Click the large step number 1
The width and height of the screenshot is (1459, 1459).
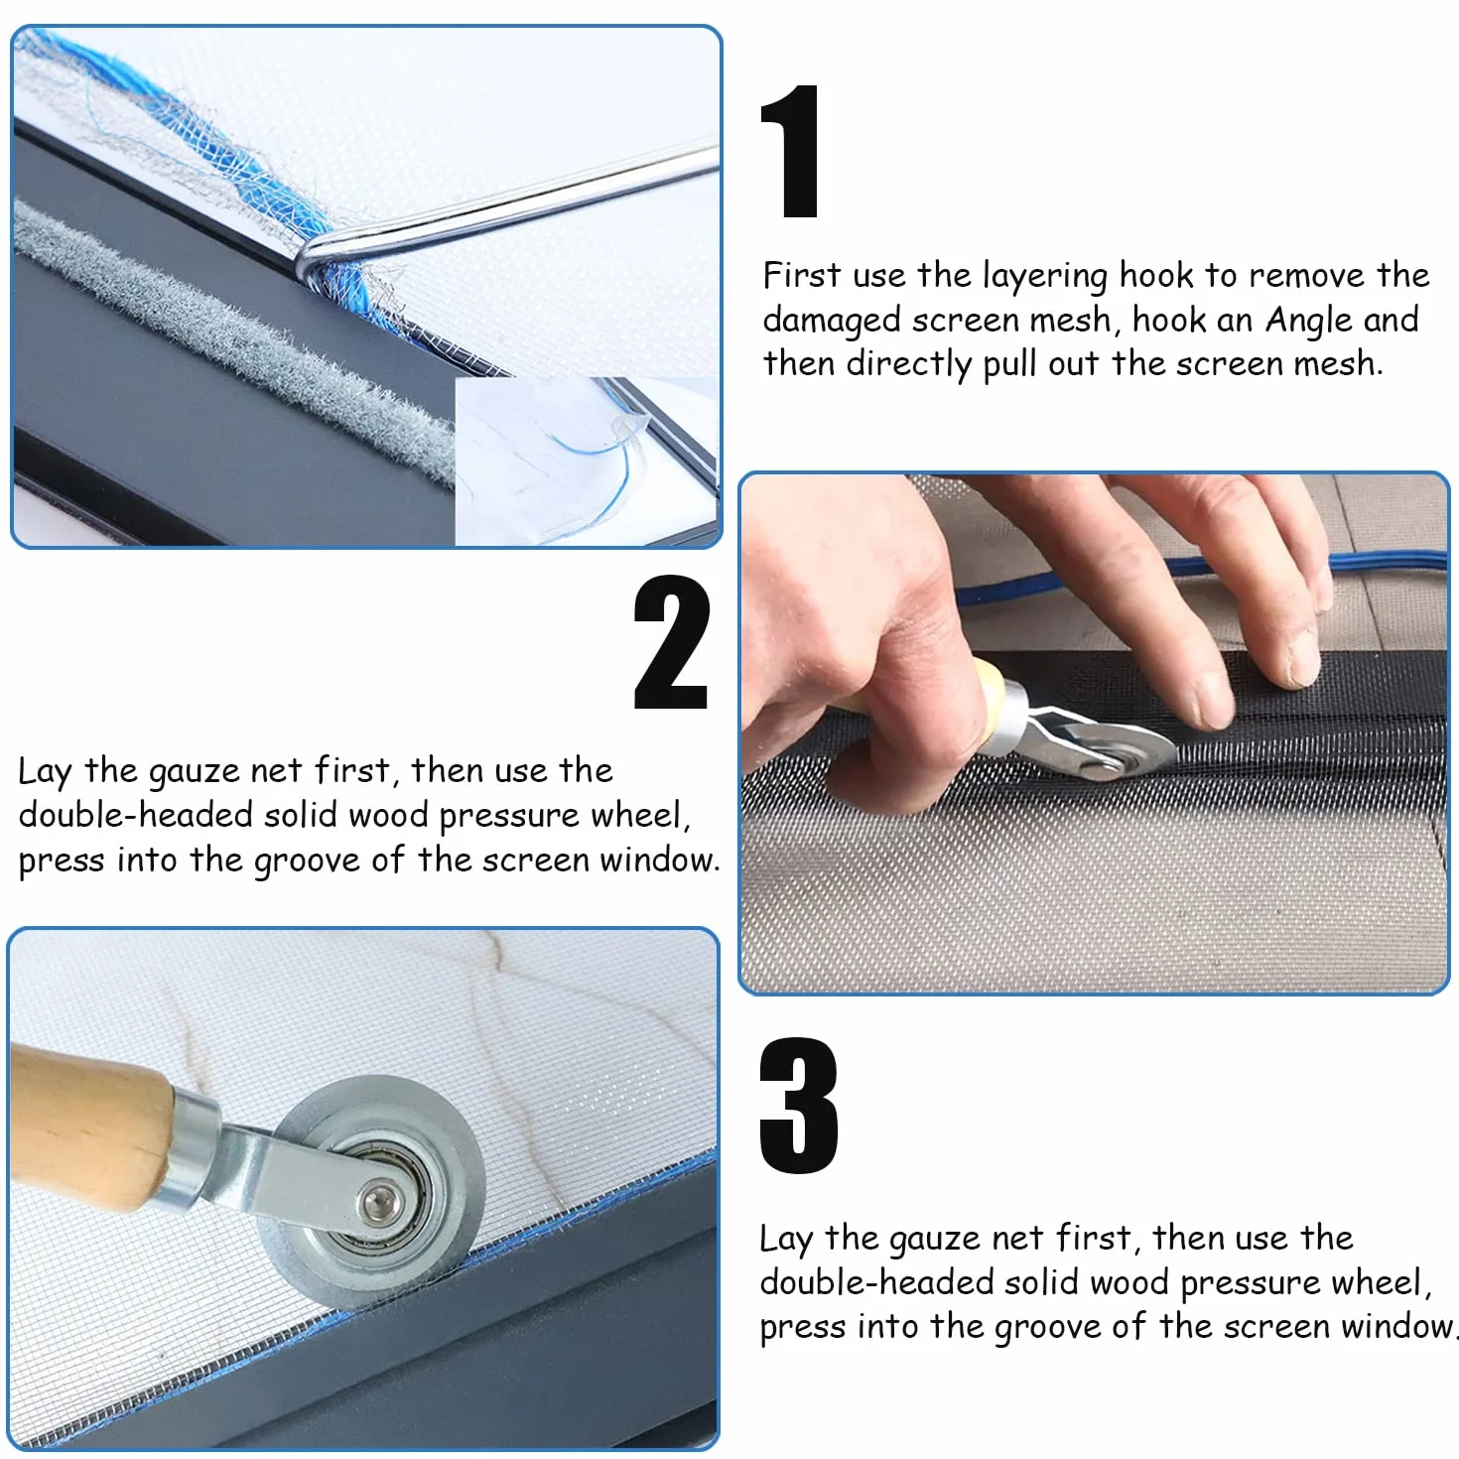pos(790,151)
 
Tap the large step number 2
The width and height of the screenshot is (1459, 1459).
pos(672,641)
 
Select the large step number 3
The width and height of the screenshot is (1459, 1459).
pos(798,1107)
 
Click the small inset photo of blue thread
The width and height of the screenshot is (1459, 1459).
pos(586,462)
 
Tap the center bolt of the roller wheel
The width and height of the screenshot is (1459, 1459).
pos(376,1202)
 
